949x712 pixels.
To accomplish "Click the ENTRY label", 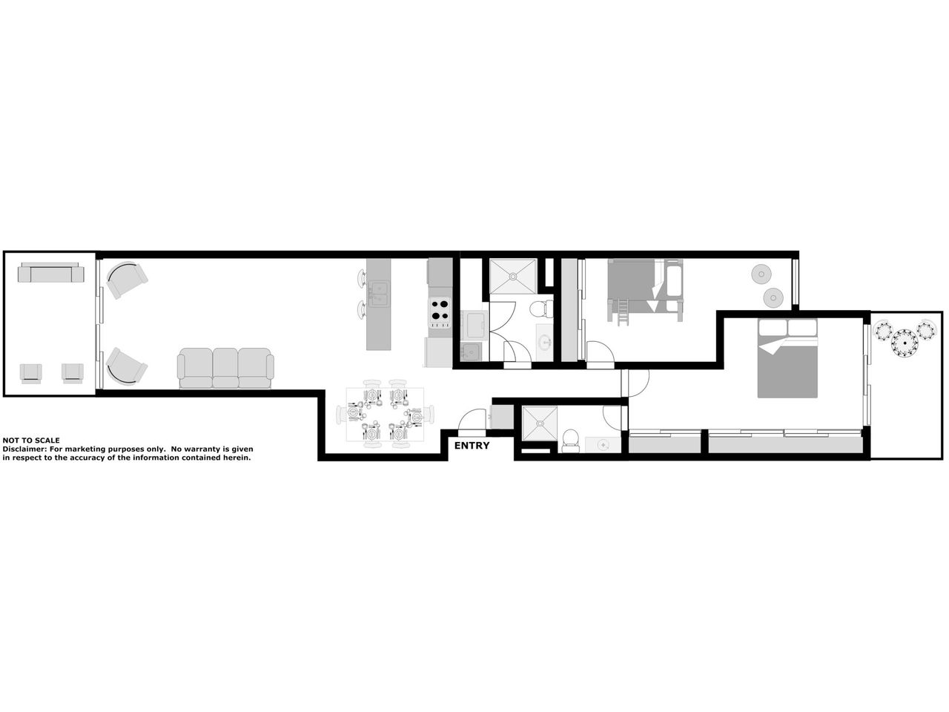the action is coord(472,446).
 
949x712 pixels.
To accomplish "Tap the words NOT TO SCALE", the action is coord(31,441).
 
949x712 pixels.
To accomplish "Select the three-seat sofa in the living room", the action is coord(225,368).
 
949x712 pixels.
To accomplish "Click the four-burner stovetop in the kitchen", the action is coord(440,312).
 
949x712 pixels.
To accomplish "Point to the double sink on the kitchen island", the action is coord(379,294).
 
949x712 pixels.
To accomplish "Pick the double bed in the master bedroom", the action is coord(787,358).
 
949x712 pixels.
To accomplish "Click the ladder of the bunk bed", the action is coord(623,313).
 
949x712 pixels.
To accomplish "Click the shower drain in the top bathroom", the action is coord(513,275).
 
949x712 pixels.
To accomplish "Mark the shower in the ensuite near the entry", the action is coord(540,423).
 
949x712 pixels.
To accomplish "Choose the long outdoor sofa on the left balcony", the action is coord(51,272).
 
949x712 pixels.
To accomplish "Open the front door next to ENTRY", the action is coord(472,421).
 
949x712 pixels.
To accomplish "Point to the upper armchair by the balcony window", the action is coord(127,280).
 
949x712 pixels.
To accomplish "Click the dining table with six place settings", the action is coord(385,414).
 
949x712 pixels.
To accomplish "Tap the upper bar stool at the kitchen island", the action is coord(363,277).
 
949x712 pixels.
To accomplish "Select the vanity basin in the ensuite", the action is coord(603,444).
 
